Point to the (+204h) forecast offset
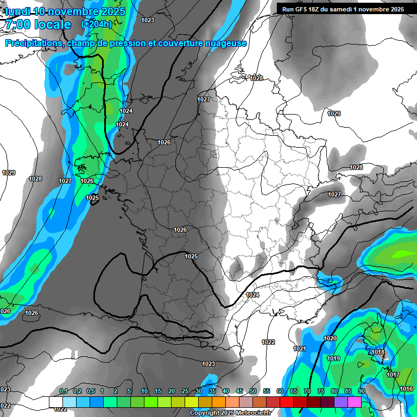coord(97,24)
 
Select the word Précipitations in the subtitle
coord(33,43)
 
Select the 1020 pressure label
coord(330,338)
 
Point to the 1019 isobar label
coord(333,358)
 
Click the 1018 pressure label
coord(378,352)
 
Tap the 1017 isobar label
coord(393,375)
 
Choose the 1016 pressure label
coord(406,389)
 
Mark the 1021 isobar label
coord(300,349)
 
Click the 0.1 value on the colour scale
coord(64,391)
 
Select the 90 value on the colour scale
coord(362,391)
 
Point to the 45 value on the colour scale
coord(239,391)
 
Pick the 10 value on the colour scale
coord(144,391)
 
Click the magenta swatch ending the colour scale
coord(355,402)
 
